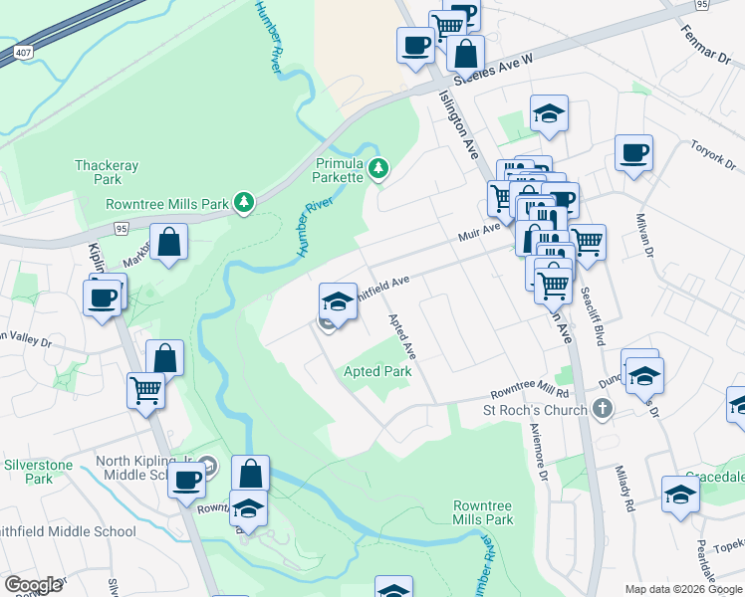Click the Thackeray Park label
click(99, 172)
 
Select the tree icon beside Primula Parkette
click(377, 169)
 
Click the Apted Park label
click(377, 371)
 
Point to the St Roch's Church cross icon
click(602, 409)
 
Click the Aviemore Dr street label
click(544, 455)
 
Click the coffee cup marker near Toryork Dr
click(633, 153)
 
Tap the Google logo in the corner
click(33, 585)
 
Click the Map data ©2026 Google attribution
click(683, 589)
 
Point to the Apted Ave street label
click(401, 337)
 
